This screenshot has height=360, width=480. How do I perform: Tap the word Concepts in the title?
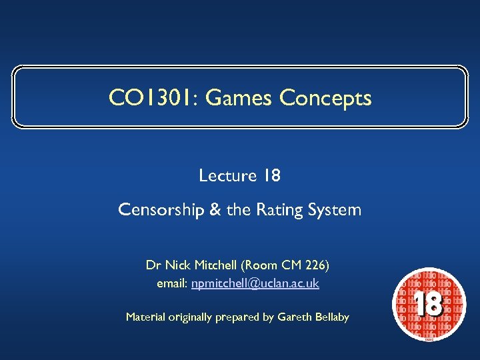(x=325, y=99)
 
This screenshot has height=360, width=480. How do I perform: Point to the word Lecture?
(x=227, y=176)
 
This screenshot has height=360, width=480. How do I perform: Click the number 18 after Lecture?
(x=271, y=176)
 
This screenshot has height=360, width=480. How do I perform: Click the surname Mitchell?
(x=215, y=265)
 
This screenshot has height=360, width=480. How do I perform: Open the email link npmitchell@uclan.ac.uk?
(x=255, y=284)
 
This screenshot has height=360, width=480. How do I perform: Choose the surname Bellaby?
(x=330, y=317)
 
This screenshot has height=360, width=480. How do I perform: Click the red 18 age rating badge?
(x=427, y=305)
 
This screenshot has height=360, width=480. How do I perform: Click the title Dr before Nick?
(x=153, y=265)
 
